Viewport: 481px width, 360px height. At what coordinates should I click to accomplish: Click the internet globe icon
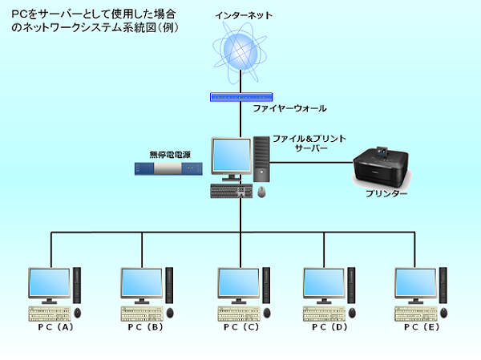tap(241, 51)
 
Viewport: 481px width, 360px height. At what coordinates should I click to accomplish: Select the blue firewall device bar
tap(241, 97)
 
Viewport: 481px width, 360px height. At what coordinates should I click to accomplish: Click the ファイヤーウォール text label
tap(290, 107)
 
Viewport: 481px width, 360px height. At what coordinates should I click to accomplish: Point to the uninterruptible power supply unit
tap(168, 169)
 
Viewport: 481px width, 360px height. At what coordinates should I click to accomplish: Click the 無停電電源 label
tap(167, 154)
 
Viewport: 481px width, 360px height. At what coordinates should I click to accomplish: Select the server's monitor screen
tap(231, 157)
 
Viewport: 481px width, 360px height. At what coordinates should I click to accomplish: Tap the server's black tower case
tap(262, 156)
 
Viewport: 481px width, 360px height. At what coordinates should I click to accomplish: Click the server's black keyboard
tap(232, 192)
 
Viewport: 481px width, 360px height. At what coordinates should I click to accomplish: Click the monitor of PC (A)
tap(49, 284)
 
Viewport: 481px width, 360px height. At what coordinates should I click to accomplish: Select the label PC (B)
tap(144, 327)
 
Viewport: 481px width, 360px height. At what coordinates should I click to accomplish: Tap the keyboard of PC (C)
tap(239, 312)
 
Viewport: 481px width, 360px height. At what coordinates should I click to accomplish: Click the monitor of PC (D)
tap(323, 284)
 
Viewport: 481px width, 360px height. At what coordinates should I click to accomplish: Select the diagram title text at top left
tap(95, 21)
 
